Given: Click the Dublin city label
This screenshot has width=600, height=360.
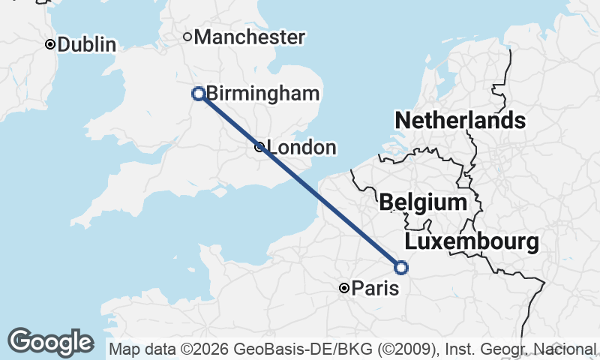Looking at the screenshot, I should pos(86,45).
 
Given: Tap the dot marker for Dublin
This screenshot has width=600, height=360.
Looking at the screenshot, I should pos(50,44).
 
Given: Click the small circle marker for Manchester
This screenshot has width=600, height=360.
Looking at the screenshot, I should pos(187,36).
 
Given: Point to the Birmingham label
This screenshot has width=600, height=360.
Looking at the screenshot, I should pos(263,94).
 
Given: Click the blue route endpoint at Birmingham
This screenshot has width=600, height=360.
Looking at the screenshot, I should pos(199,94).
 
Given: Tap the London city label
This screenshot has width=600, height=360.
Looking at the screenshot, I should pos(301,148).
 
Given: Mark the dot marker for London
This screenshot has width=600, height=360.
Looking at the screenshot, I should pos(259,147).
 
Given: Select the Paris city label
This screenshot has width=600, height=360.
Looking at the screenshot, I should pos(375,288).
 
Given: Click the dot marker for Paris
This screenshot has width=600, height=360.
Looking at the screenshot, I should pos(343,288).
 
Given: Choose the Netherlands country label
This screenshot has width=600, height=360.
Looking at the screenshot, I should pos(460,121).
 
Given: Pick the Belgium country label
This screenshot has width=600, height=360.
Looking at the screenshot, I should pos(423,202).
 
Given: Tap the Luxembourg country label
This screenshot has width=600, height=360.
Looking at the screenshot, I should pos(472,242).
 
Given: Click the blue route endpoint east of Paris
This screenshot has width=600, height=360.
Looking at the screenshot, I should pos(401,267).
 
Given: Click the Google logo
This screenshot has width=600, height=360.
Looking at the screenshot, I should pos(50,342).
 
